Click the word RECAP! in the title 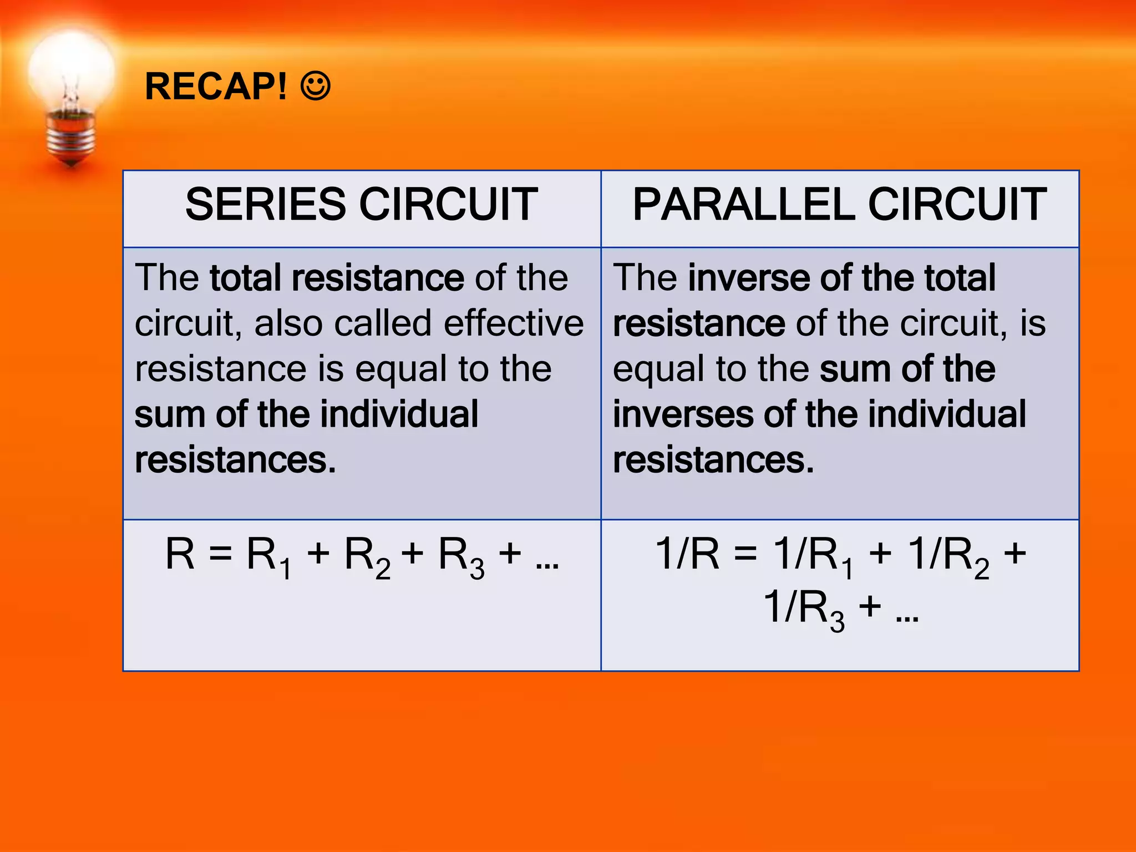pyautogui.click(x=216, y=87)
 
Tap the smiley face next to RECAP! pyautogui.click(x=316, y=86)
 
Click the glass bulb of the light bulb pyautogui.click(x=71, y=72)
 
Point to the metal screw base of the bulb pyautogui.click(x=71, y=136)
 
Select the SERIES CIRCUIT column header pyautogui.click(x=362, y=204)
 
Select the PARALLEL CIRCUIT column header pyautogui.click(x=839, y=204)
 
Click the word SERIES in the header pyautogui.click(x=265, y=204)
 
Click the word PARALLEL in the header pyautogui.click(x=743, y=204)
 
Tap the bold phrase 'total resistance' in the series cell pyautogui.click(x=337, y=277)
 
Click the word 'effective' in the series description pyautogui.click(x=514, y=323)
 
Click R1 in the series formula pyautogui.click(x=268, y=556)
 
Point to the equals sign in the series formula pyautogui.click(x=220, y=554)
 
